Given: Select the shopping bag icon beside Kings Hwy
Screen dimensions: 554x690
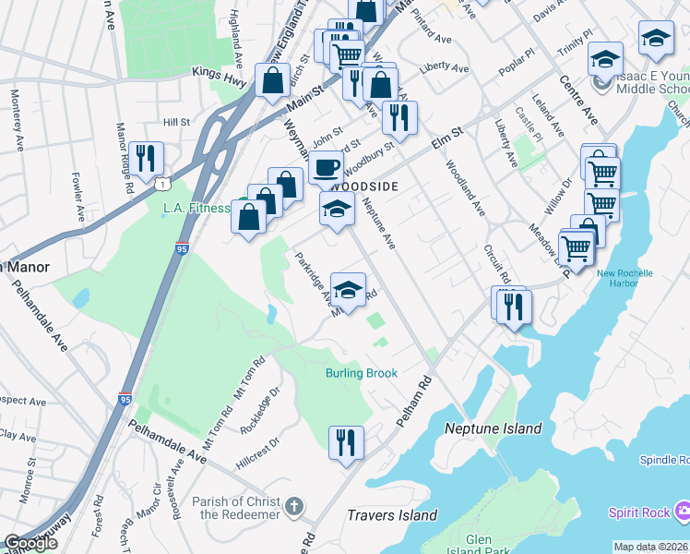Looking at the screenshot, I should [x=274, y=80].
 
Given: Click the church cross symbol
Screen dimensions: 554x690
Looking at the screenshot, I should [x=293, y=505].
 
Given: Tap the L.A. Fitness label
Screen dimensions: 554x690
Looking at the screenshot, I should [x=196, y=208].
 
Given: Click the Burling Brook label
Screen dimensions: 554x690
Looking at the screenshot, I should [x=361, y=373].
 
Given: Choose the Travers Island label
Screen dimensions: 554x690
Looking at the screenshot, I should [x=392, y=515].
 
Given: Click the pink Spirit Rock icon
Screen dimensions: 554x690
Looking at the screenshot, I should [x=682, y=511].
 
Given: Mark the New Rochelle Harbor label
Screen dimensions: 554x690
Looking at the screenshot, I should [x=625, y=278].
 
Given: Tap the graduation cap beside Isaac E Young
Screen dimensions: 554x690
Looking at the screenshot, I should [x=604, y=60].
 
